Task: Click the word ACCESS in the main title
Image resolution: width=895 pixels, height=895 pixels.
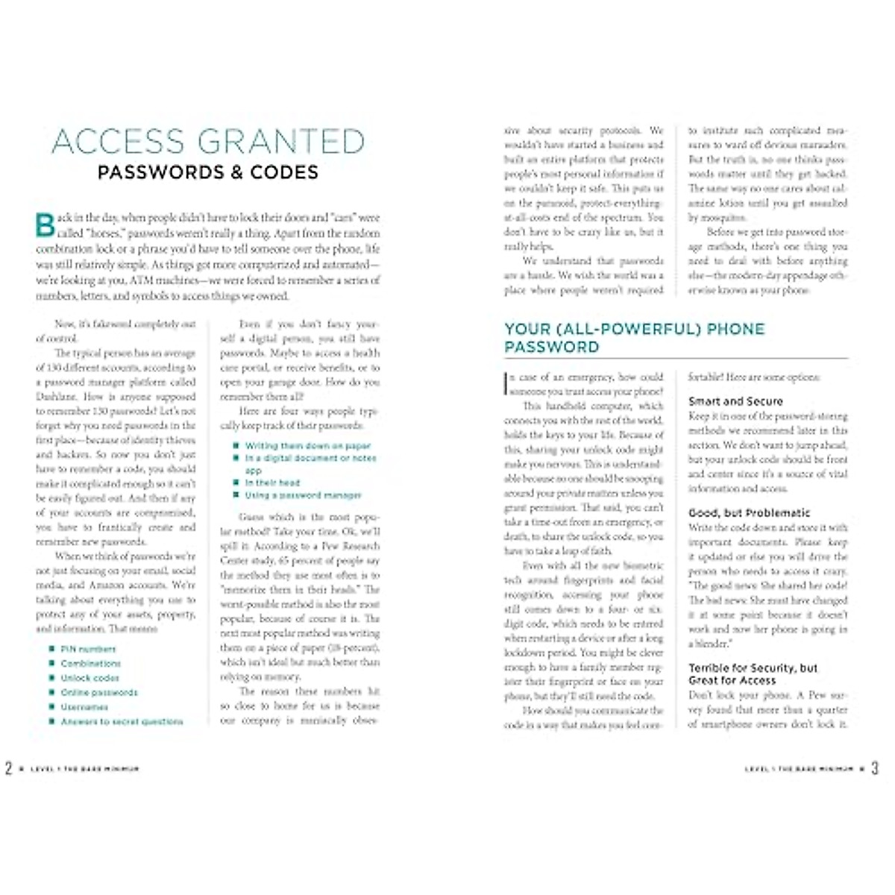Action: coord(119,142)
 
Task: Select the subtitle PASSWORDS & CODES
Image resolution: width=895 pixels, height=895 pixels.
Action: coord(208,172)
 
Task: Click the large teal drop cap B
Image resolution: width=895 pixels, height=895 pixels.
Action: coord(45,224)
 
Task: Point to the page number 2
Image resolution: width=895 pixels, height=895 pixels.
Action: coord(9,768)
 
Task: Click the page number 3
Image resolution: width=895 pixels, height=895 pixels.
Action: coord(875,768)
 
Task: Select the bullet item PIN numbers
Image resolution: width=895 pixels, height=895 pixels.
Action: coord(88,649)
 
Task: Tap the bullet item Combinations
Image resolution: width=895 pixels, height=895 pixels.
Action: coord(90,663)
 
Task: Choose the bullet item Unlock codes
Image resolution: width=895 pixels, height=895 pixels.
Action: coord(89,678)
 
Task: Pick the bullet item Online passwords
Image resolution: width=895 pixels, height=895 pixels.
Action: coord(99,692)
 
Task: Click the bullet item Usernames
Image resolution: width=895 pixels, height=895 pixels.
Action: coord(84,707)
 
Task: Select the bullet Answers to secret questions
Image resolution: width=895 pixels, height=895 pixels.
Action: coord(122,721)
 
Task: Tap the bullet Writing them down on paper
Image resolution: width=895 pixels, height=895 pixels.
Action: coord(307,445)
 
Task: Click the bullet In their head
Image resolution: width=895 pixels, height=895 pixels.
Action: coord(272,483)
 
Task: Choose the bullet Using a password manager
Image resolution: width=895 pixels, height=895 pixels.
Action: coord(303,495)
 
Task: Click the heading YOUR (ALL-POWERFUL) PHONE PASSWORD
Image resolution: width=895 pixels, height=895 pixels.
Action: coord(634,338)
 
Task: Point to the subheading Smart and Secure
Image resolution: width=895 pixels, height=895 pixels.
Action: coord(735,401)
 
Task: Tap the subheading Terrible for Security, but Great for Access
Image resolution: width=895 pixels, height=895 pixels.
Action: coord(753,674)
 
